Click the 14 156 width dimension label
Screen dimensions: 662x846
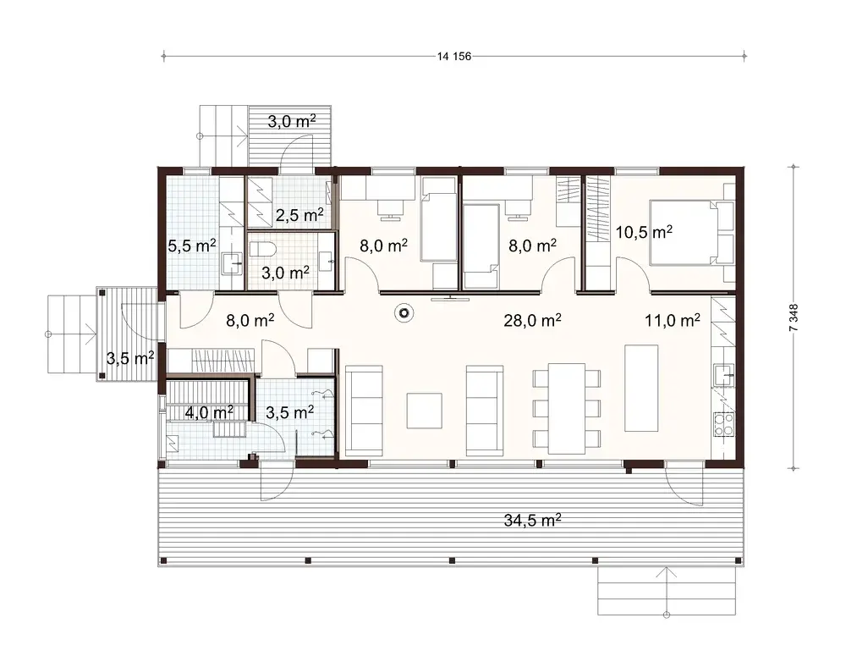tap(453, 57)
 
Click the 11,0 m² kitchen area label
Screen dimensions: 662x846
tap(673, 320)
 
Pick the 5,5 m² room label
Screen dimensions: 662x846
tap(191, 246)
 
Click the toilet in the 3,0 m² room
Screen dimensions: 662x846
tap(261, 250)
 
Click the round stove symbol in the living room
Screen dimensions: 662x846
tap(405, 314)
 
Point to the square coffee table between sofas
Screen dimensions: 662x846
tap(424, 411)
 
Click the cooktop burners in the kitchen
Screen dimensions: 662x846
tap(724, 424)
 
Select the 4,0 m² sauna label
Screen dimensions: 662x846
tap(209, 412)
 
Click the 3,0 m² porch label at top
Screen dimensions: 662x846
tap(292, 121)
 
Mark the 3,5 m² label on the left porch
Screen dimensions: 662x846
tap(129, 357)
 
